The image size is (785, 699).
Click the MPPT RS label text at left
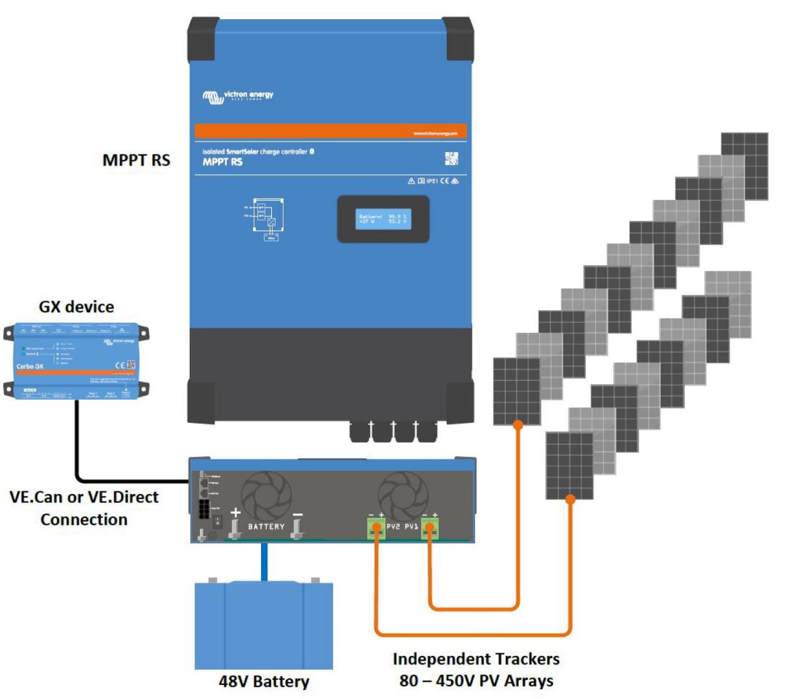pyautogui.click(x=136, y=160)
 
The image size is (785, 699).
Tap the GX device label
pyautogui.click(x=76, y=307)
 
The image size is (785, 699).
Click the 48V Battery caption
pyautogui.click(x=264, y=681)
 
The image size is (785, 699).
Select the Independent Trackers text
pyautogui.click(x=476, y=659)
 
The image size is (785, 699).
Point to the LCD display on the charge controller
pyautogui.click(x=383, y=219)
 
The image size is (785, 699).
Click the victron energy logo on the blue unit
pyautogui.click(x=238, y=96)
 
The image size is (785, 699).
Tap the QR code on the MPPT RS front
pyautogui.click(x=452, y=158)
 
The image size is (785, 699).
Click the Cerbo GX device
pyautogui.click(x=76, y=361)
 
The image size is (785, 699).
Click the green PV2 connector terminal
pyautogui.click(x=376, y=528)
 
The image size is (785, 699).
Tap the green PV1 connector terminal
pyautogui.click(x=430, y=528)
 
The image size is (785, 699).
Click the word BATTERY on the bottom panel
pyautogui.click(x=266, y=527)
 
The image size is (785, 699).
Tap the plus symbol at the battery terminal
pyautogui.click(x=235, y=513)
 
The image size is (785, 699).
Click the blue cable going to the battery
pyautogui.click(x=264, y=562)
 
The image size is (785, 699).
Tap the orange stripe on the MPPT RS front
pyautogui.click(x=330, y=131)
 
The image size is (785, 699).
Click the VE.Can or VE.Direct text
pyautogui.click(x=84, y=497)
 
